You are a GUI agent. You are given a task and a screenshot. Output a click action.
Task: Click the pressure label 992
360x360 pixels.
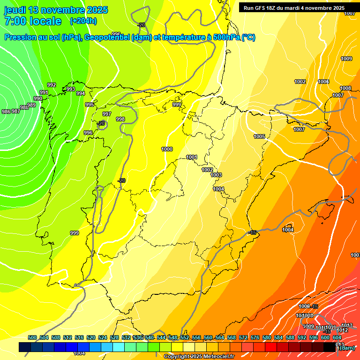click(x=52, y=85)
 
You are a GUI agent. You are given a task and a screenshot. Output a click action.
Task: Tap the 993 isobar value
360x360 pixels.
click(x=71, y=89)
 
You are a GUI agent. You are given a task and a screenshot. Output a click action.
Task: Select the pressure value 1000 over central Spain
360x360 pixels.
click(x=167, y=149)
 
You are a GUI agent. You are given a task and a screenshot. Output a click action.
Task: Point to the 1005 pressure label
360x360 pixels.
click(x=259, y=136)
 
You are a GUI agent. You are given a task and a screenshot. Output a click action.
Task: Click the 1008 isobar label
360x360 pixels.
click(x=345, y=88)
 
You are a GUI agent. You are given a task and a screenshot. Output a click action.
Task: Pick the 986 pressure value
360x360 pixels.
click(x=6, y=112)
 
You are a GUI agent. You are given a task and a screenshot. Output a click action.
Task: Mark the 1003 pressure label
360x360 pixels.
click(x=216, y=175)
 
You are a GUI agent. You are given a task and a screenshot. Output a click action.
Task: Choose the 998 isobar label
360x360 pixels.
click(x=120, y=119)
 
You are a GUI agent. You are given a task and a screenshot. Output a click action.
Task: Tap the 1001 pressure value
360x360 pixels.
click(x=192, y=157)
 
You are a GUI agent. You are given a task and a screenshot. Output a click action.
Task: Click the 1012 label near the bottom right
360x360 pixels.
click(x=343, y=330)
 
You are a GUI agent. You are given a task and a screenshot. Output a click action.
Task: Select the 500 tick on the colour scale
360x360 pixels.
click(x=32, y=337)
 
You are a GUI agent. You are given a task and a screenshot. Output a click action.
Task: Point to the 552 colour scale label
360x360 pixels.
click(x=185, y=337)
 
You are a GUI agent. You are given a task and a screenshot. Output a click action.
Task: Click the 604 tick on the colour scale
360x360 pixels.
click(x=337, y=337)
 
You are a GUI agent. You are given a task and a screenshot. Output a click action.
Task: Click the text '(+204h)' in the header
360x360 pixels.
click(x=83, y=21)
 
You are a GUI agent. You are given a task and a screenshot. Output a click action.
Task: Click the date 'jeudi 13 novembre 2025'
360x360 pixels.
click(x=56, y=9)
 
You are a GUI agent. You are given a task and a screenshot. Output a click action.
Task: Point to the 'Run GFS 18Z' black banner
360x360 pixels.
click(x=294, y=8)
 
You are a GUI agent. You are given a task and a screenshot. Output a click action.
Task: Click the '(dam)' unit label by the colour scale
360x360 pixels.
click(x=347, y=348)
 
